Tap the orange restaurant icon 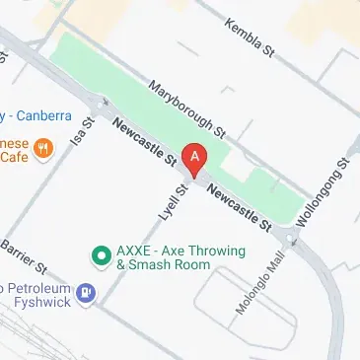(43, 150)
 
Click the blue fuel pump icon (87, 292)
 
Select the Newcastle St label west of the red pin (144, 141)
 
